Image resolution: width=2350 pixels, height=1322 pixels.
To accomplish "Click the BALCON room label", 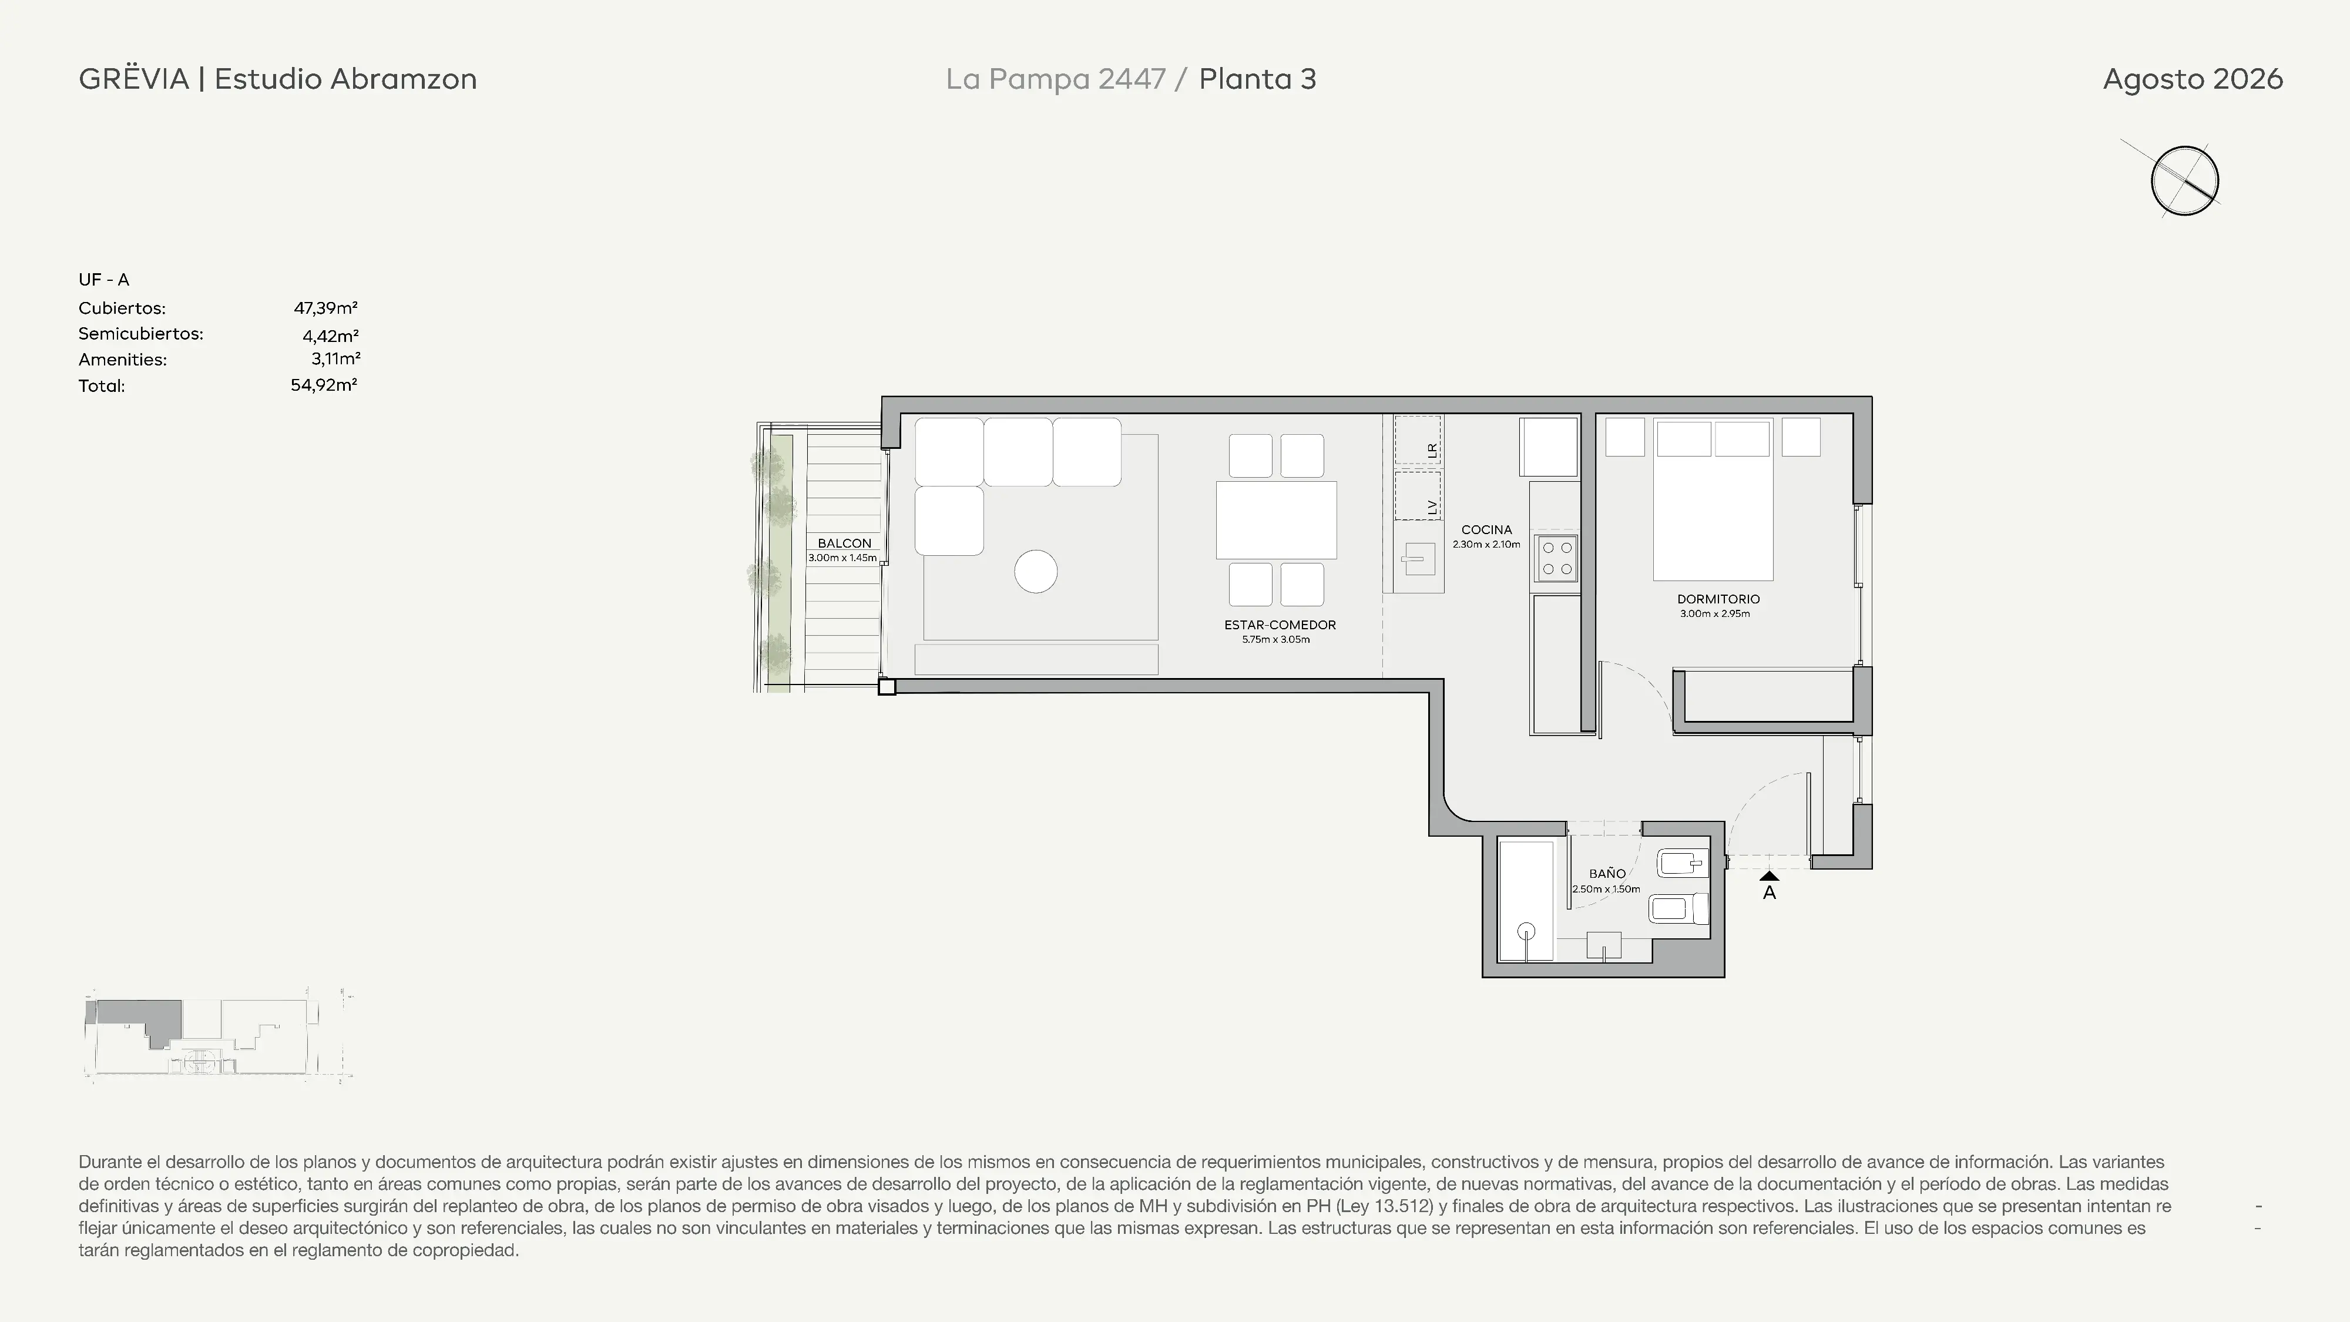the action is point(844,543).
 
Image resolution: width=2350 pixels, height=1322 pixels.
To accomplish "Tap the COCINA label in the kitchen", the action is point(1486,529).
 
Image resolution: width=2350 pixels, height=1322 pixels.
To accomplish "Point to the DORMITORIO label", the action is point(1718,599).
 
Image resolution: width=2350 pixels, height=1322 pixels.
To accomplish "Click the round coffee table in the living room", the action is point(1035,572).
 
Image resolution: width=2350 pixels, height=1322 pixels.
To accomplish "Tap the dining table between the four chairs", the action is point(1275,520).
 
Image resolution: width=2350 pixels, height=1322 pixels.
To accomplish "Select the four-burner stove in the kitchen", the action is point(1556,558).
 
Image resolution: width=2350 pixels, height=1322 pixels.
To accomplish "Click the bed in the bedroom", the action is point(1713,499).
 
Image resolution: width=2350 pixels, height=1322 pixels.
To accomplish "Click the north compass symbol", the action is point(2184,180).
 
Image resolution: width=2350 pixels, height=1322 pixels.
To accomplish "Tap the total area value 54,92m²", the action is point(324,385).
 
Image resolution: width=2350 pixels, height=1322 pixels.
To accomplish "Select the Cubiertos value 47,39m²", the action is point(325,307).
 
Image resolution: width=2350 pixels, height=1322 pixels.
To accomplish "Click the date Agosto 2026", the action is point(2192,79).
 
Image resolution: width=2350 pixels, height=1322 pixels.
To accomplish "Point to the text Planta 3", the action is point(1257,79).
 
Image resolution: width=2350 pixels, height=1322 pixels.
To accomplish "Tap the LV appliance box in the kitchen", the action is point(1418,495).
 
